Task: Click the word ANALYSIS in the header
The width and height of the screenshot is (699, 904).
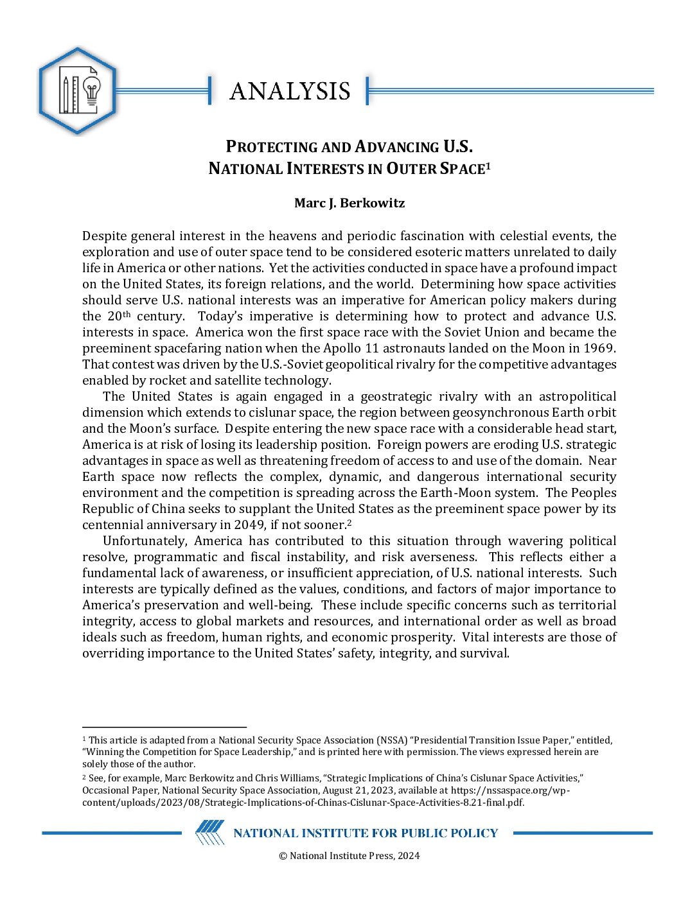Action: (290, 91)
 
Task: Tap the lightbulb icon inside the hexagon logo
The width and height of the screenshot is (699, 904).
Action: (92, 92)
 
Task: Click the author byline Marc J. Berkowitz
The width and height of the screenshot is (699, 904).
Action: (349, 204)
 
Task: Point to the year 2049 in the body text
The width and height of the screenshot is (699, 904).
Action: (250, 525)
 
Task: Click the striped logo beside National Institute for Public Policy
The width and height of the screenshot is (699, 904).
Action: (210, 833)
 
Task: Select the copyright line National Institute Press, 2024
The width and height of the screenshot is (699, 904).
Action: (349, 856)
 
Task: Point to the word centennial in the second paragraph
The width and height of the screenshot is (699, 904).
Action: (113, 525)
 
